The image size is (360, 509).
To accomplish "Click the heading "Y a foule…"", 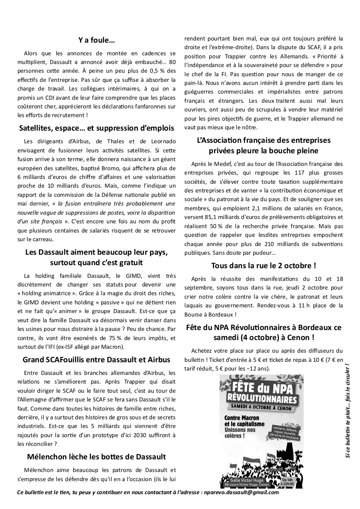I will [96, 41].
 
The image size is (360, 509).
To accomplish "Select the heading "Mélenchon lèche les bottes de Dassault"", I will [96, 457].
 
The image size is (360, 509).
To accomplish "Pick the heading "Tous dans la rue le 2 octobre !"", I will [263, 265].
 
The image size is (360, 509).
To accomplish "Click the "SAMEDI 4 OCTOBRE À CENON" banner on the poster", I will [261, 407].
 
